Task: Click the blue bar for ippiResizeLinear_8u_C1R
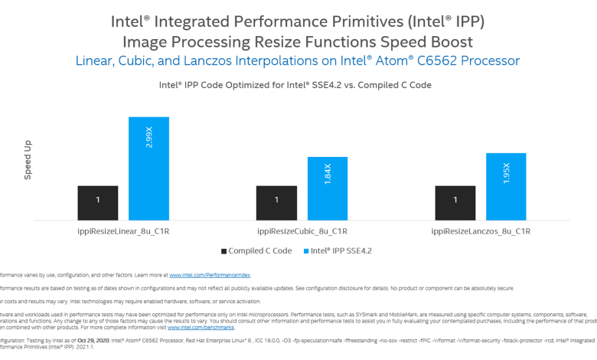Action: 148,169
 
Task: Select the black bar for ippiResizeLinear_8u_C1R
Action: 97,202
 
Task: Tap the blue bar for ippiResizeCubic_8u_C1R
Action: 327,188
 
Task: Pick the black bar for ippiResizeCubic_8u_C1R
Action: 276,202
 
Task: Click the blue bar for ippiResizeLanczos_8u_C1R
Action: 506,186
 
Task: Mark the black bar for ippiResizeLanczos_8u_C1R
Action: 455,202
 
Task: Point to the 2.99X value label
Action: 149,137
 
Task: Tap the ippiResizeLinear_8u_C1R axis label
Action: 123,231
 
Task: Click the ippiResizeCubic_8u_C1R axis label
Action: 302,231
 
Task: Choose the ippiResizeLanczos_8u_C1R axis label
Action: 481,231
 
